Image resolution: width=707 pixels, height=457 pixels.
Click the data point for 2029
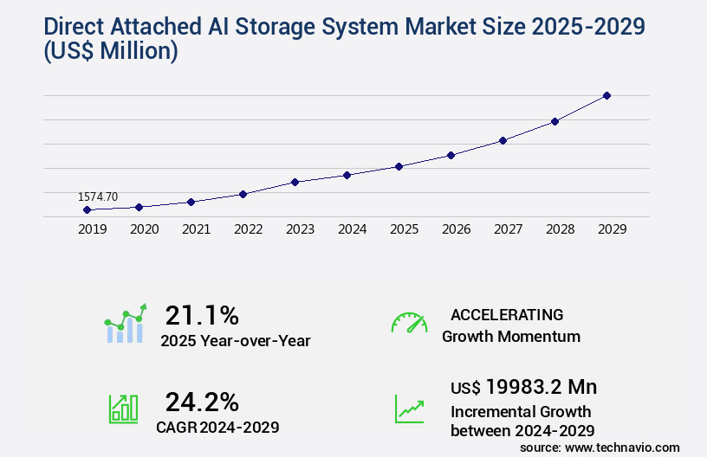tap(606, 95)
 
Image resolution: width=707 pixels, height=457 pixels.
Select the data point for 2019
tap(87, 209)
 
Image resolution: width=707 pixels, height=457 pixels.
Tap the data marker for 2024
tap(347, 175)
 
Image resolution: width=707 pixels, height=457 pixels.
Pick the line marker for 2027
tap(503, 140)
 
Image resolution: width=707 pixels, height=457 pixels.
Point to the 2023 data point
tap(295, 182)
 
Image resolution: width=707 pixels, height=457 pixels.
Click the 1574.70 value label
tap(98, 197)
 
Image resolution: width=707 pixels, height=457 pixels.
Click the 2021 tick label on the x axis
tap(196, 229)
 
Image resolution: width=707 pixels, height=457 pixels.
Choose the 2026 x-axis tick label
tap(456, 229)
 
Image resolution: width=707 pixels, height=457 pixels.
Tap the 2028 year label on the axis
tap(560, 229)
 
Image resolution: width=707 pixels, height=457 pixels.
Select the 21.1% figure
tap(202, 315)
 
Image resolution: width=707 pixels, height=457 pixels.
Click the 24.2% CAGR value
tap(202, 402)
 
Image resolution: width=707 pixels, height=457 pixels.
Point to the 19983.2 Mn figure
tap(542, 387)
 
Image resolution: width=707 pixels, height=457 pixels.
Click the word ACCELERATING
tap(507, 314)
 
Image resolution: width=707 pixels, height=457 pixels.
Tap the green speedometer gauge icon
tap(409, 323)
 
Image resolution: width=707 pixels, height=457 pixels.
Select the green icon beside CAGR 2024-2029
tap(123, 409)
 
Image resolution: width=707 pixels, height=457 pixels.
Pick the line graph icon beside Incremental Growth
tap(409, 409)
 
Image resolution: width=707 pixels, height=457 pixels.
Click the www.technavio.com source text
tap(623, 447)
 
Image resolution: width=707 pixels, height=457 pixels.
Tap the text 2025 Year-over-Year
tap(236, 341)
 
